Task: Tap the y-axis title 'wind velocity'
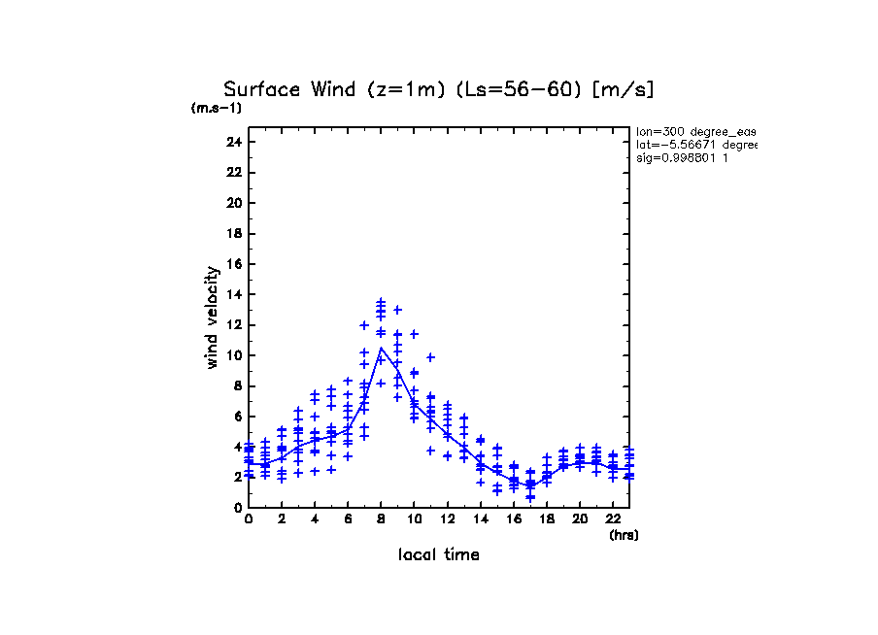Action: click(212, 317)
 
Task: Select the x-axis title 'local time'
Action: click(439, 555)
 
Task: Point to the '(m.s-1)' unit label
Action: click(216, 108)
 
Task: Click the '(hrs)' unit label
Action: click(623, 535)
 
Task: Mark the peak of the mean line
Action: click(382, 348)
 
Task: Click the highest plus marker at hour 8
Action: click(382, 302)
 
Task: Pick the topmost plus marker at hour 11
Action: click(431, 357)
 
